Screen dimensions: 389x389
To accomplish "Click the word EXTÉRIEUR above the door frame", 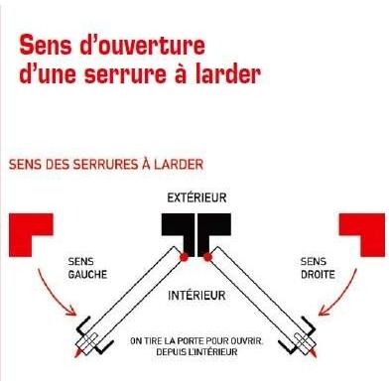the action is point(196,197).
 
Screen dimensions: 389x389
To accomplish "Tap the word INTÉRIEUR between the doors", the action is point(196,295).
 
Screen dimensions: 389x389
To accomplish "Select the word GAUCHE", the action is point(87,274).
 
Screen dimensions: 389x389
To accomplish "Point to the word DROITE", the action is point(318,274).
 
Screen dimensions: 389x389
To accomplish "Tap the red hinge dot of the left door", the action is point(184,257).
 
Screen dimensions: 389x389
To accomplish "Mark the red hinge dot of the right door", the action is point(207,257).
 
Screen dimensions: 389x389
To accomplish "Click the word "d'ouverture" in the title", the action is point(143,46).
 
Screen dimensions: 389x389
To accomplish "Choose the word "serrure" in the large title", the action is point(125,74).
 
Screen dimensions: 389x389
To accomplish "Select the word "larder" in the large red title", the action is point(227,73).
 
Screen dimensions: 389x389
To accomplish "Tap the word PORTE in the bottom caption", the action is point(191,340).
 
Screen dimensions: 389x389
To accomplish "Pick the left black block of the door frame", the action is point(178,231).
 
